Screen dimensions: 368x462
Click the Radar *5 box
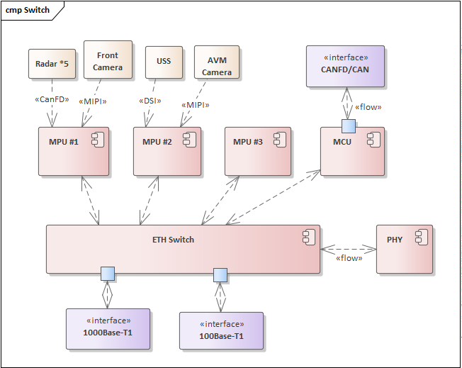pyautogui.click(x=52, y=64)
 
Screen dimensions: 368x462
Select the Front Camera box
pyautogui.click(x=108, y=60)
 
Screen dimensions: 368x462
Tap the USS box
pyautogui.click(x=164, y=62)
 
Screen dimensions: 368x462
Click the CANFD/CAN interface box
pyautogui.click(x=345, y=66)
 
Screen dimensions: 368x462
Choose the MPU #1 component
pyautogui.click(x=74, y=151)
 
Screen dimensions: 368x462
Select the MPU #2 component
pyautogui.click(x=167, y=151)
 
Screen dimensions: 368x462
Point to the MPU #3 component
pyautogui.click(x=258, y=151)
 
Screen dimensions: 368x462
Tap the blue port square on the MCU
pyautogui.click(x=348, y=126)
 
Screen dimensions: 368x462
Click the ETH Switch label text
pyautogui.click(x=173, y=240)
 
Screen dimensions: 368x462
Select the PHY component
pyautogui.click(x=404, y=249)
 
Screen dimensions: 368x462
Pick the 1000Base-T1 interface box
pyautogui.click(x=108, y=329)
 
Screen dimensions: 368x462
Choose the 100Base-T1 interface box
pyautogui.click(x=221, y=331)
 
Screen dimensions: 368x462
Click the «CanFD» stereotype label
pyautogui.click(x=51, y=99)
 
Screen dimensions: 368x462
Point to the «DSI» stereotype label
pyautogui.click(x=150, y=100)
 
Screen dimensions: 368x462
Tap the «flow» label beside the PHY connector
pyautogui.click(x=348, y=258)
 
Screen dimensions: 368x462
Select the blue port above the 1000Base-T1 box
pyautogui.click(x=107, y=273)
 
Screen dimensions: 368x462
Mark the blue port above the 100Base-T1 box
pyautogui.click(x=220, y=275)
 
